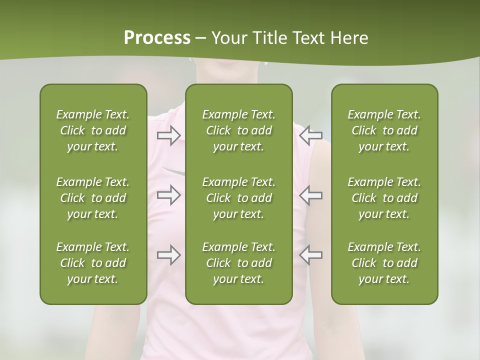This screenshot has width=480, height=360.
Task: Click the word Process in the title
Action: [x=157, y=38]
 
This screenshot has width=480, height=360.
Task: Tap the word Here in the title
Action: [x=348, y=38]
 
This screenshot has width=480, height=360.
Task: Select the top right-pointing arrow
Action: [x=169, y=135]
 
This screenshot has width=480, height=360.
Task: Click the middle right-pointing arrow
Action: [x=169, y=195]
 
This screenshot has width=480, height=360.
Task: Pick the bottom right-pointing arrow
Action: [x=169, y=255]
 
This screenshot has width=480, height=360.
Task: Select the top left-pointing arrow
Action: [x=310, y=135]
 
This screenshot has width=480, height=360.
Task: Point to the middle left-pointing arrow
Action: [x=310, y=195]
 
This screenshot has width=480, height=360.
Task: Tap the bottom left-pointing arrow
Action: [x=310, y=255]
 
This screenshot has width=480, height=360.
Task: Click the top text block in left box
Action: [x=93, y=130]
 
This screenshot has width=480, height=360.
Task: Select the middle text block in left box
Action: [x=93, y=198]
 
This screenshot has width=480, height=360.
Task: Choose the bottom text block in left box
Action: [x=93, y=263]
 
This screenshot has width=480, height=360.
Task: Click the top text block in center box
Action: [x=238, y=130]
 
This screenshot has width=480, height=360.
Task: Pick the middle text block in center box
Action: [x=238, y=198]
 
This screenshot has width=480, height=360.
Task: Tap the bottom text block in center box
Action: [x=238, y=263]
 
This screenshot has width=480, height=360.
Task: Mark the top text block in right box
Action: [x=384, y=130]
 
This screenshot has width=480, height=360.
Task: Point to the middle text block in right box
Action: [x=384, y=198]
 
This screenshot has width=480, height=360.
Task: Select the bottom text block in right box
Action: [x=384, y=263]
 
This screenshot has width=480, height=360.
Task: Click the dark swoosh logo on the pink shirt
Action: [x=174, y=171]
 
